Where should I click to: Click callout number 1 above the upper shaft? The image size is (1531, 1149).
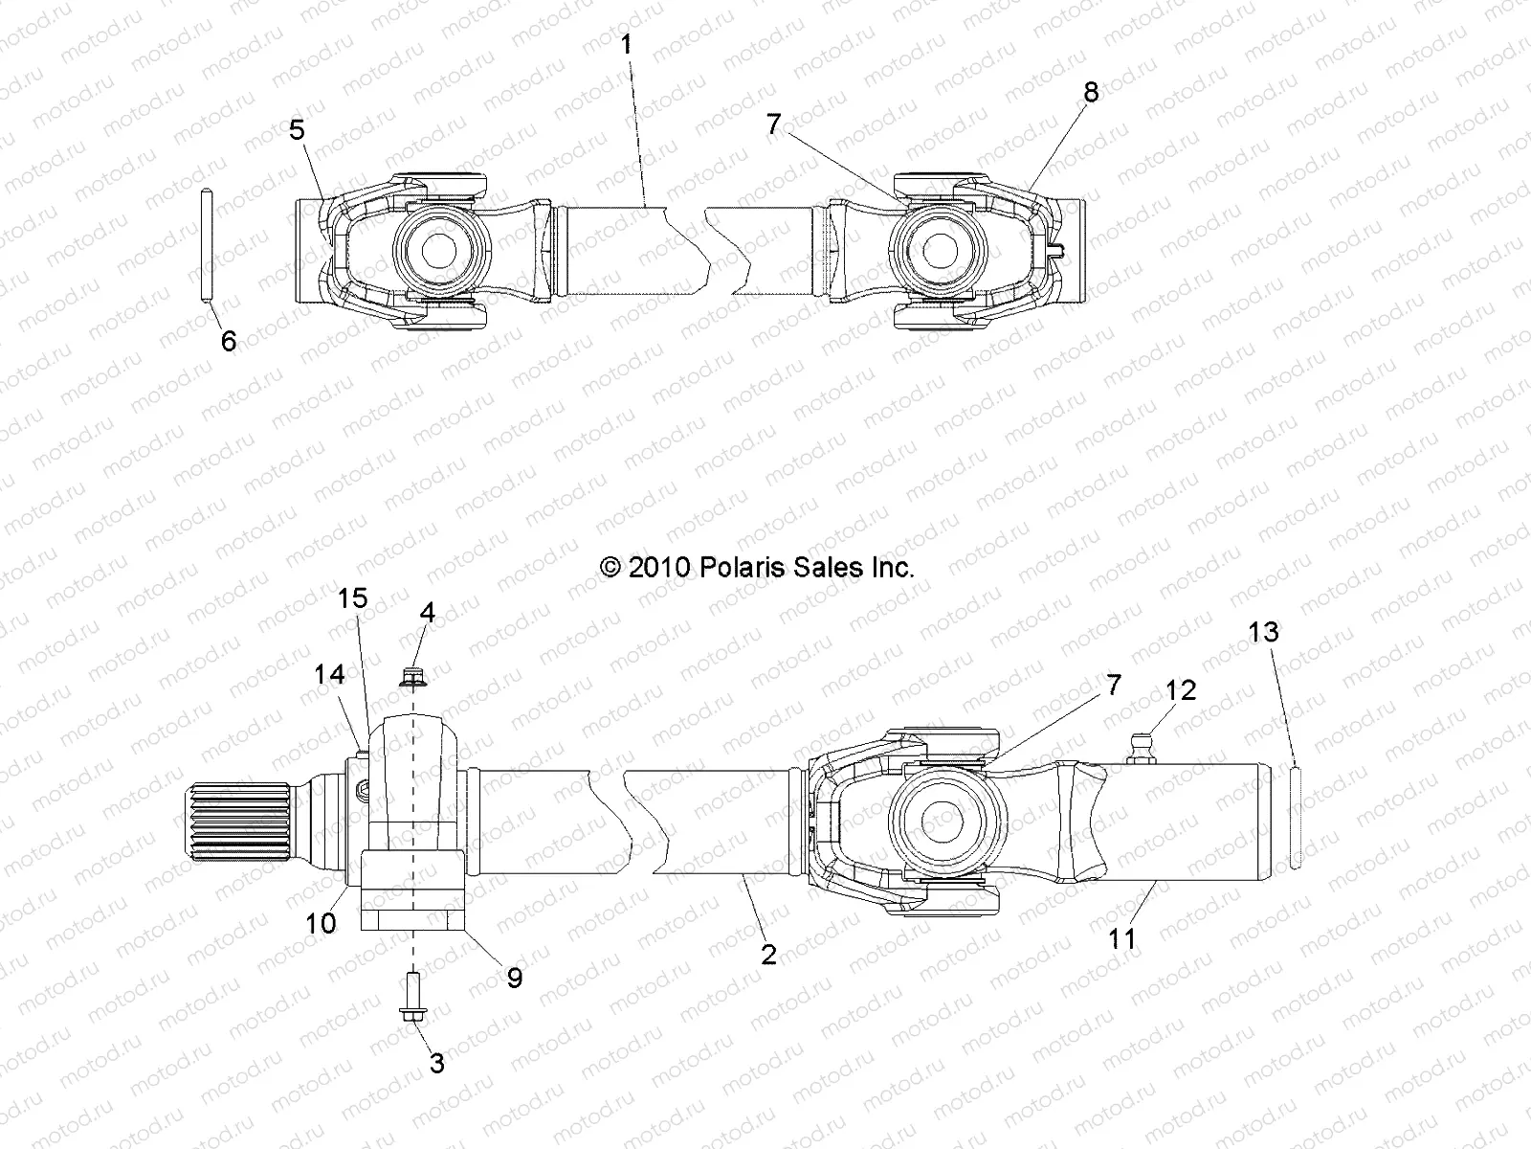626,45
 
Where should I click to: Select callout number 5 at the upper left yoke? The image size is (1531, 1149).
298,129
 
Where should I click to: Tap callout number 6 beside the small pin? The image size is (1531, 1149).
228,341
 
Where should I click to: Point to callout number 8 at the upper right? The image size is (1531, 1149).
1090,92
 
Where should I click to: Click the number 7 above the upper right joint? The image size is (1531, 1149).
773,124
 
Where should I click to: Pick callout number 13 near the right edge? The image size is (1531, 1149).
1263,632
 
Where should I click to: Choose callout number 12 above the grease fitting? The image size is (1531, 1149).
1181,690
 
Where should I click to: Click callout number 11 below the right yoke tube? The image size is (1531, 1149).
1121,938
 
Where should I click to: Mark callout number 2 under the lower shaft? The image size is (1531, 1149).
768,954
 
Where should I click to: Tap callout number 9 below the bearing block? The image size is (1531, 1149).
514,978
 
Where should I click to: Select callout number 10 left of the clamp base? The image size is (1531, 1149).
322,923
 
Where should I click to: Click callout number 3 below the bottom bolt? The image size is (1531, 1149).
436,1064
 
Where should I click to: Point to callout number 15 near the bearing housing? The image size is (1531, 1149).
352,598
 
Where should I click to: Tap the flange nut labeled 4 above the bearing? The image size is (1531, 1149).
412,679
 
